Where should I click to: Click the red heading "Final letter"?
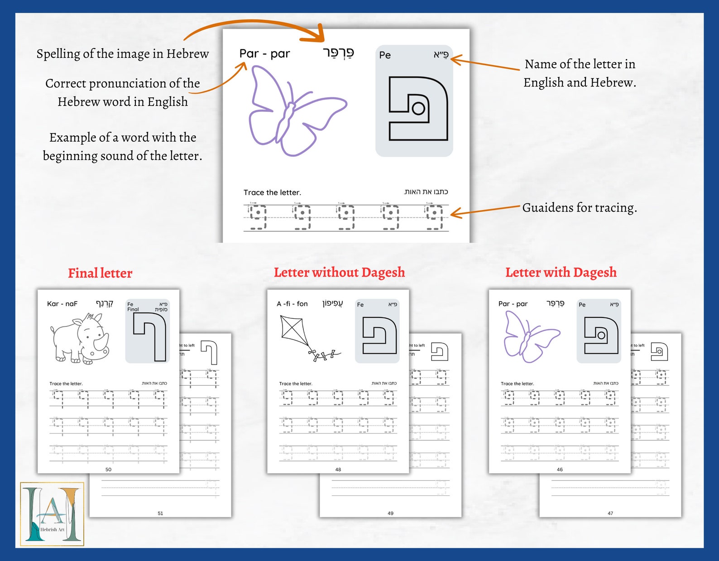[x=100, y=273]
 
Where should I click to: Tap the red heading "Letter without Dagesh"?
[x=339, y=272]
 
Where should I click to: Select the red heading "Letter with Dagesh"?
[x=561, y=272]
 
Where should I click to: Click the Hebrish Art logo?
[x=52, y=514]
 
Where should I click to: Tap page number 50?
[x=108, y=470]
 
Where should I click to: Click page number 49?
[x=390, y=513]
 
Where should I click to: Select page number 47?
[x=610, y=513]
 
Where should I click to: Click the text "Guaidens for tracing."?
[x=580, y=208]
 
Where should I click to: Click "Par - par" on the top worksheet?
[x=264, y=54]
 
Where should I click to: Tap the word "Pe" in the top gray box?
[x=385, y=55]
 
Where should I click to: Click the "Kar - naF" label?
[x=62, y=304]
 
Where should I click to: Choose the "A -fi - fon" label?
[x=292, y=304]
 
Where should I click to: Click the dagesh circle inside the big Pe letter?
[x=418, y=108]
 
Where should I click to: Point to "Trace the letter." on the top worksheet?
[x=272, y=192]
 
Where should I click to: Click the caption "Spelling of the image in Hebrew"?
[x=123, y=54]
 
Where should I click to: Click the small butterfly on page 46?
[x=530, y=337]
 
